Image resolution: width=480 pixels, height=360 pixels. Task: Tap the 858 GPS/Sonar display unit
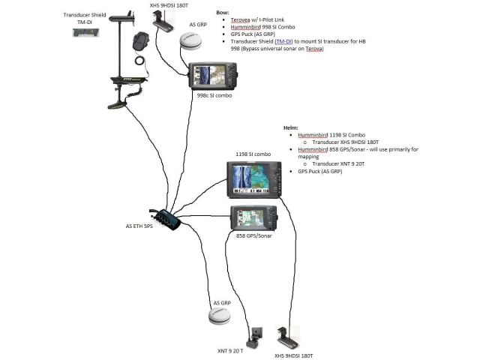(253, 218)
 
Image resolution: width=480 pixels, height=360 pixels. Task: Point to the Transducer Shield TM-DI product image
(83, 33)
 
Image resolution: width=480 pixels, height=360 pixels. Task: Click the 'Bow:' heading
(222, 13)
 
